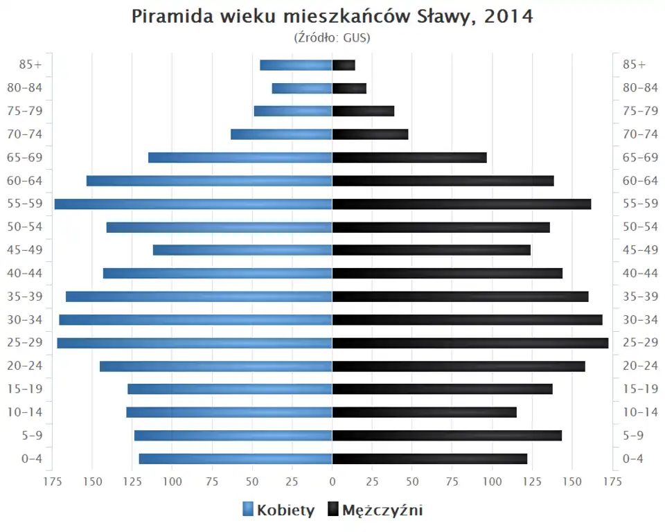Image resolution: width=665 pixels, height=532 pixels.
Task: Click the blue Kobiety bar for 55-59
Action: pos(193,204)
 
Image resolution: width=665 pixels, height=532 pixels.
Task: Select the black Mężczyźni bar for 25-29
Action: pos(470,343)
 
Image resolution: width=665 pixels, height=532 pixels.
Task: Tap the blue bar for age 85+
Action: pos(296,65)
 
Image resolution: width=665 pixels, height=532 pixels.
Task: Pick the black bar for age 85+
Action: pos(344,65)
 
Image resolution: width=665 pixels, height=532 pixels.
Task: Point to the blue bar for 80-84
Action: pos(302,88)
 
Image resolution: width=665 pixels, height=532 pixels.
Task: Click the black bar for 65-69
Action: pos(409,157)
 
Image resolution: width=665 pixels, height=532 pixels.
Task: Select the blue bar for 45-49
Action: pos(242,250)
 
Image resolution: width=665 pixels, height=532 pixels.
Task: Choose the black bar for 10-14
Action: pos(425,412)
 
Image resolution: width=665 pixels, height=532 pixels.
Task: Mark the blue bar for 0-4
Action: pos(236,459)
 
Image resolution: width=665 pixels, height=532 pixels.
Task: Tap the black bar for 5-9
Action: pos(447,435)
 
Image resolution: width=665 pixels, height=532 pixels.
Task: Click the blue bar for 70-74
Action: pos(281,134)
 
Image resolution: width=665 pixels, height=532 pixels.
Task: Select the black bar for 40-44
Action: pos(447,273)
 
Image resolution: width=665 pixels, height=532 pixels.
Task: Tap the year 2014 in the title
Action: pos(508,16)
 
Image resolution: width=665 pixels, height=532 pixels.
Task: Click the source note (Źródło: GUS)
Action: pos(332,37)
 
